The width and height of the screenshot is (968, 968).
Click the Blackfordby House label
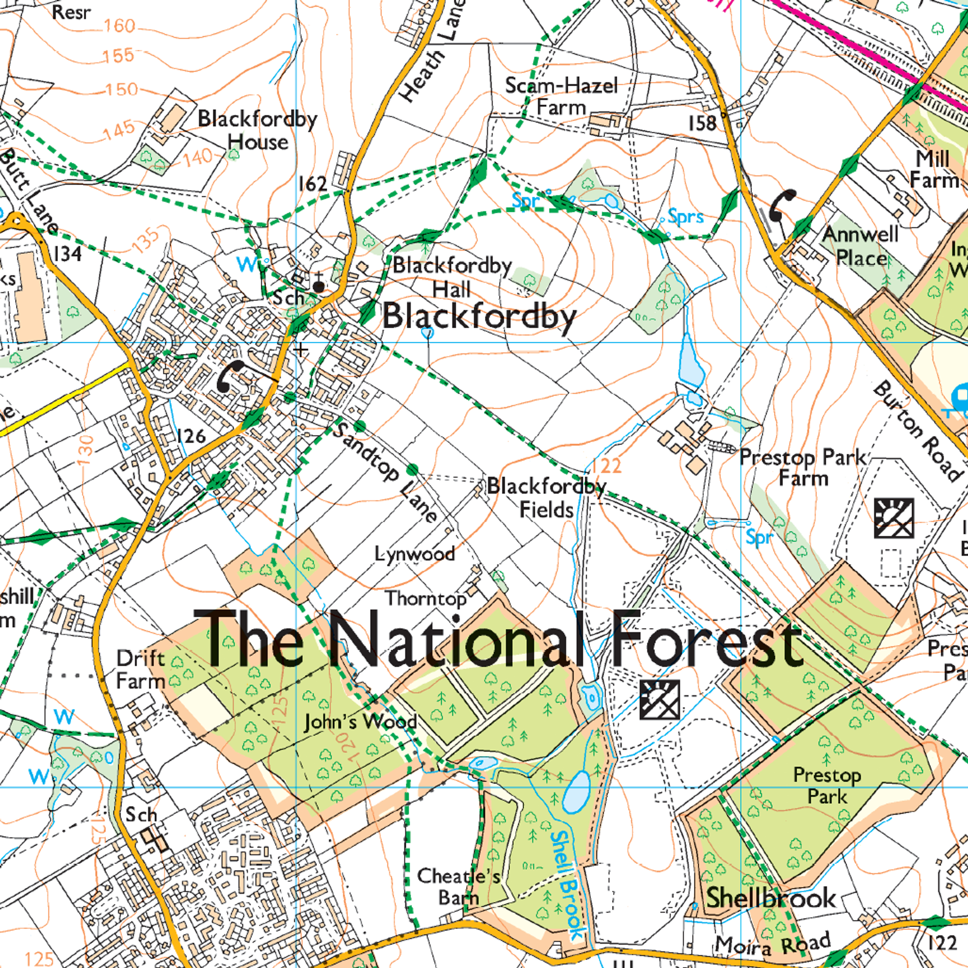click(258, 130)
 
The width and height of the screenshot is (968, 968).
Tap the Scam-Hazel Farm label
click(561, 96)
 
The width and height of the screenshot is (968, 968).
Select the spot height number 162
click(313, 184)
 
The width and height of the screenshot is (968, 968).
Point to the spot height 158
click(702, 123)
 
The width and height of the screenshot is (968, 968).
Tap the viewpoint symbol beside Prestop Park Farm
click(893, 518)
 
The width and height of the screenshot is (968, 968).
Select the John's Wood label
click(360, 722)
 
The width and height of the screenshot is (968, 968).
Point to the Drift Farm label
click(141, 670)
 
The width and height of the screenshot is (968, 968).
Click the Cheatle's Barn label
click(458, 886)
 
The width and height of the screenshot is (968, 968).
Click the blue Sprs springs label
click(685, 217)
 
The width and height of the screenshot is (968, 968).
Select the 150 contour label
click(122, 90)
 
